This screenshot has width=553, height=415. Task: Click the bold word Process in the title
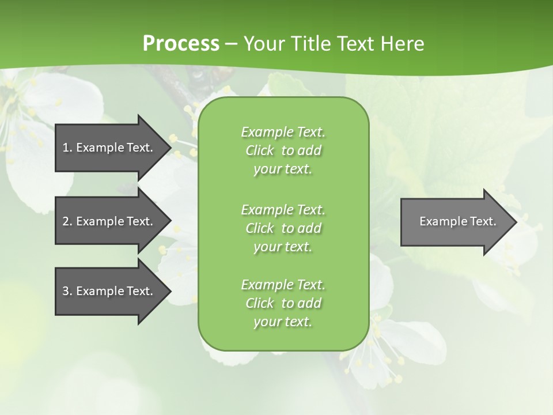(181, 44)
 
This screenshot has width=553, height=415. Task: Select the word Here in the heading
(401, 44)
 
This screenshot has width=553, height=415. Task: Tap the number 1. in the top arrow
(67, 148)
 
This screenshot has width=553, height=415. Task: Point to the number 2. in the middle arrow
(67, 221)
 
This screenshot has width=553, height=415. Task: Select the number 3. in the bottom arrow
(67, 291)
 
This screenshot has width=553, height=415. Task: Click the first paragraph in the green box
(283, 150)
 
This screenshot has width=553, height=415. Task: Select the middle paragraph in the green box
(283, 228)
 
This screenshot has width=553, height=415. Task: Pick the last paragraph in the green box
(283, 303)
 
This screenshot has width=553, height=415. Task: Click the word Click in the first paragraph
(260, 150)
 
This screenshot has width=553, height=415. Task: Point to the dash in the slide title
(232, 44)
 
